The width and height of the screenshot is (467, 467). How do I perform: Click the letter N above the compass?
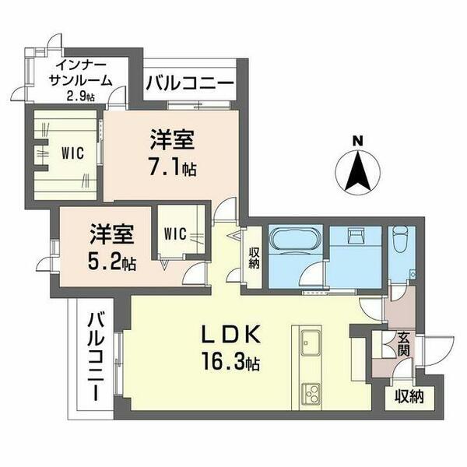click(357, 140)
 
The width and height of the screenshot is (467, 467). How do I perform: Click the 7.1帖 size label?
click(173, 169)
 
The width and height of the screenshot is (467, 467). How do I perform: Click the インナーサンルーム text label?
click(81, 72)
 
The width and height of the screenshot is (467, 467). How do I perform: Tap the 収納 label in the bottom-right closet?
click(409, 398)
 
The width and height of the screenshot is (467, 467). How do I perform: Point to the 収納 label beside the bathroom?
click(255, 258)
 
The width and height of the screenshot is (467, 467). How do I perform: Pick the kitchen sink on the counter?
click(310, 342)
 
